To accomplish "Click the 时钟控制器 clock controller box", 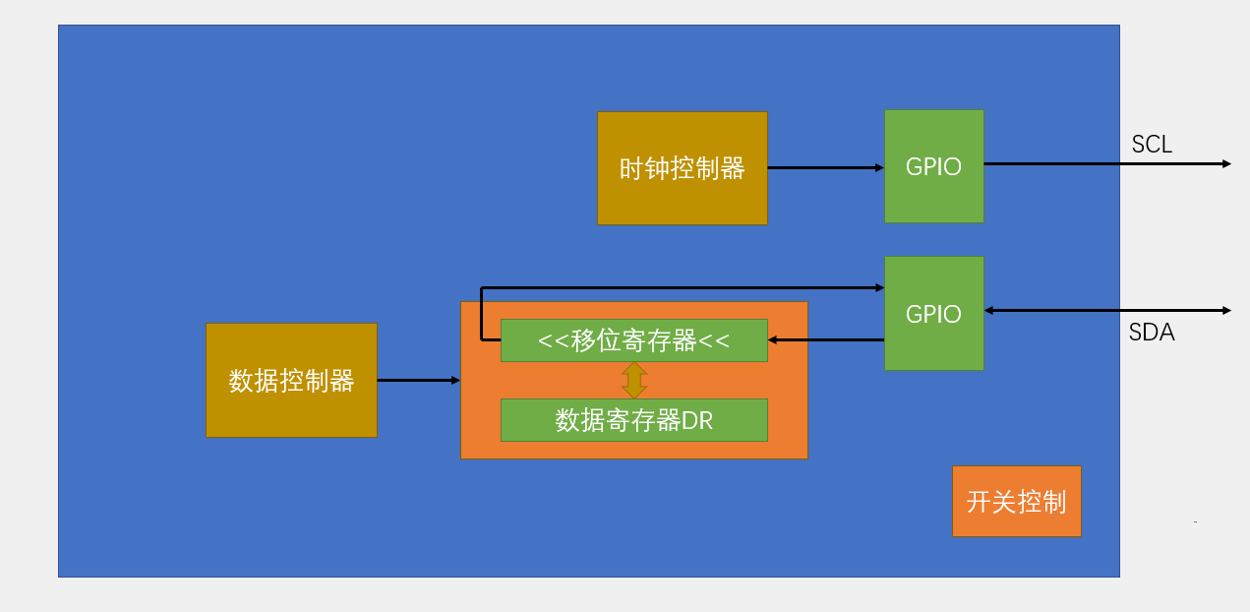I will pyautogui.click(x=682, y=168).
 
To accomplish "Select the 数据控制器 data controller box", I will pyautogui.click(x=291, y=380).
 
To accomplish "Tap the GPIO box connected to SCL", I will pyautogui.click(x=933, y=166).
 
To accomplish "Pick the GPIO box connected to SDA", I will pyautogui.click(x=933, y=313).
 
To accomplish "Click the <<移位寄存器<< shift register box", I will pyautogui.click(x=633, y=340).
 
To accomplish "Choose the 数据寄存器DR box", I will pyautogui.click(x=633, y=420).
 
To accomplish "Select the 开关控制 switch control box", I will pyautogui.click(x=1016, y=501).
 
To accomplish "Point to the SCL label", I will pyautogui.click(x=1152, y=145).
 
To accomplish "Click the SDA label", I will pyautogui.click(x=1152, y=333).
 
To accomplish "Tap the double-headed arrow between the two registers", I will pyautogui.click(x=634, y=380).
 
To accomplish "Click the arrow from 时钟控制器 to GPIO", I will pyautogui.click(x=825, y=168).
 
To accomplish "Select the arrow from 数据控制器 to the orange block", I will pyautogui.click(x=418, y=380).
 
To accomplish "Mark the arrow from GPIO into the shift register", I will pyautogui.click(x=826, y=340).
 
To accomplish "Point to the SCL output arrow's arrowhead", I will pyautogui.click(x=1226, y=163).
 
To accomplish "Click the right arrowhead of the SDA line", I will pyautogui.click(x=1226, y=310).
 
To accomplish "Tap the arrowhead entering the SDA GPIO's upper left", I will pyautogui.click(x=879, y=287).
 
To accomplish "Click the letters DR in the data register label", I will pyautogui.click(x=697, y=421).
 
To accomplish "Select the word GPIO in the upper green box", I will pyautogui.click(x=933, y=166).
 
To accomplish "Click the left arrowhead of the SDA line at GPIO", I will pyautogui.click(x=989, y=310).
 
